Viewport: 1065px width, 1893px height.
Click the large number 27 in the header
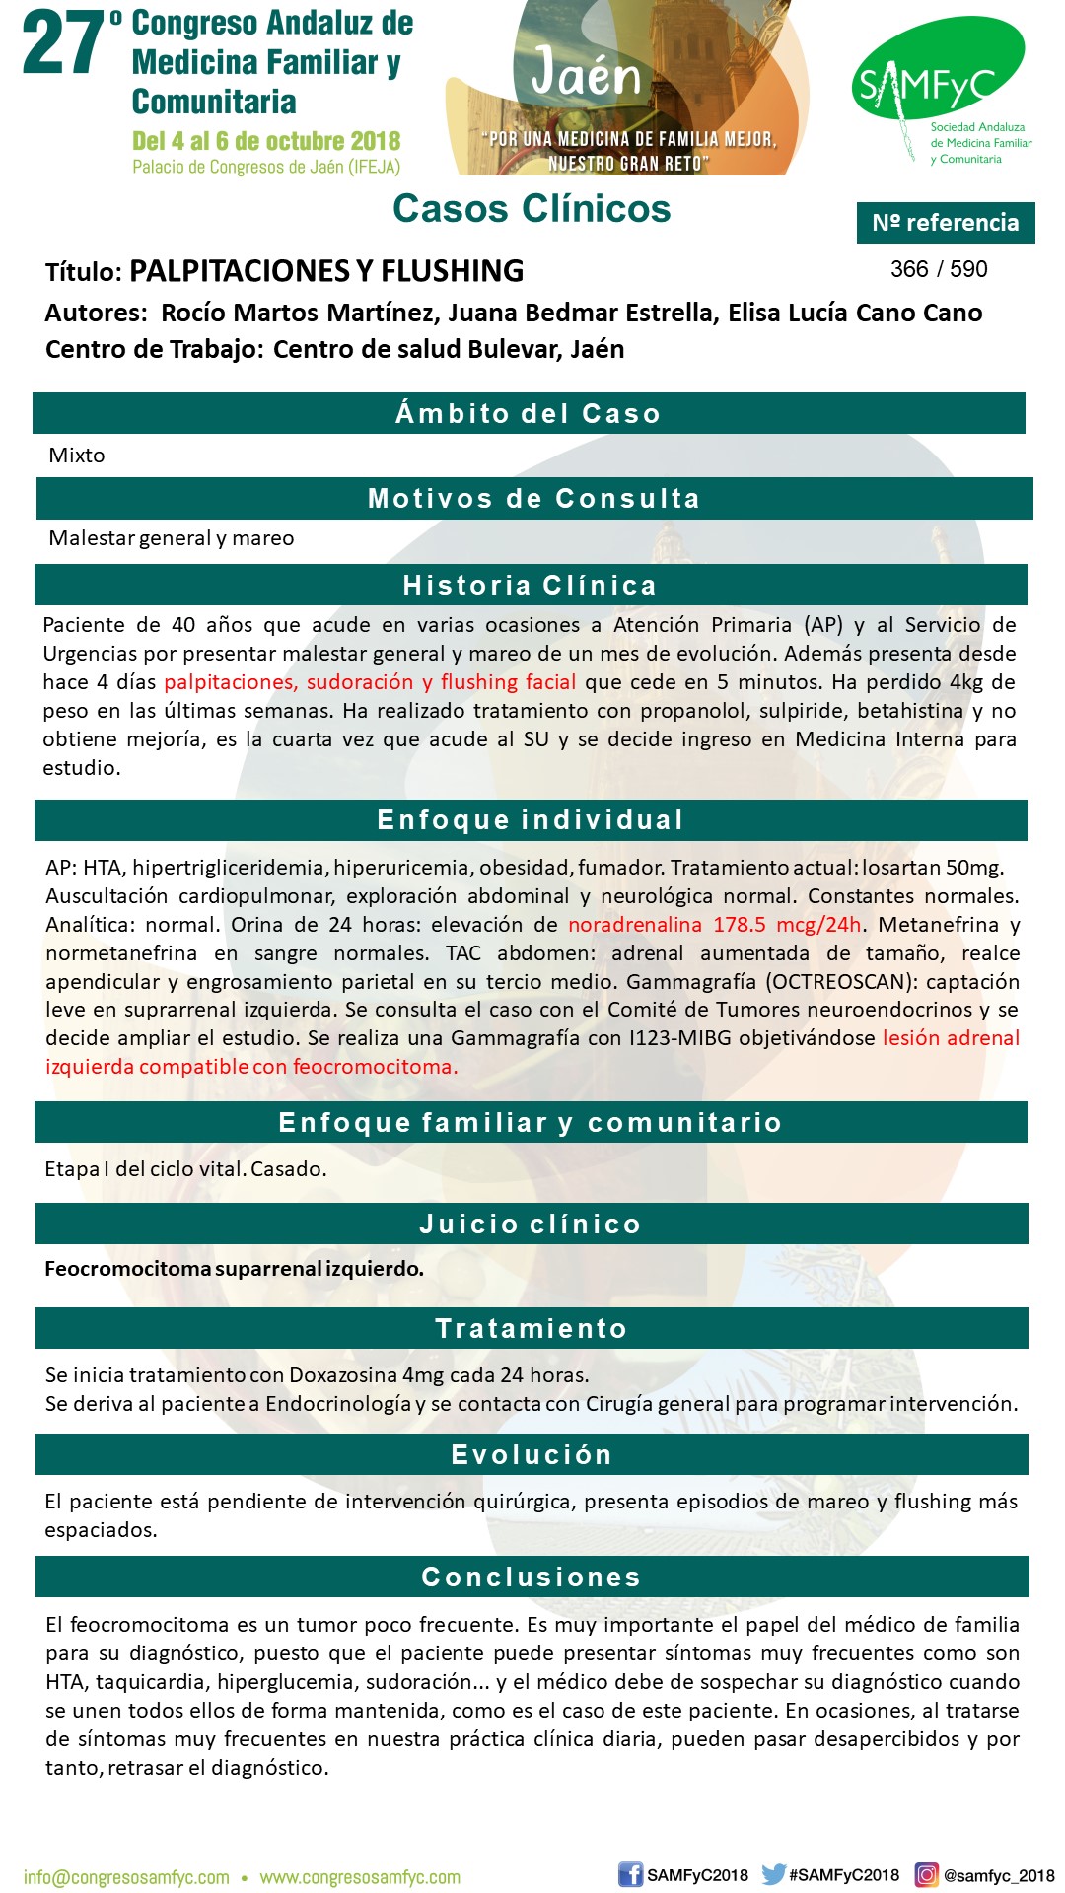click(x=63, y=44)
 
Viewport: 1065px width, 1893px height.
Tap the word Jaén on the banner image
click(x=586, y=74)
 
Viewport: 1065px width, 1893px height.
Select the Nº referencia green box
click(x=945, y=223)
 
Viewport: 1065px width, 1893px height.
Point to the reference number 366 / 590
click(x=938, y=269)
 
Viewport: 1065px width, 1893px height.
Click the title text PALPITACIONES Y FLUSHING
click(x=326, y=271)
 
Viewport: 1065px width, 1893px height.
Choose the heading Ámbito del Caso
click(x=529, y=413)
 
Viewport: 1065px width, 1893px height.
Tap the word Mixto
click(x=77, y=456)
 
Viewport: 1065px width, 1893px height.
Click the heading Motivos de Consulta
click(x=533, y=499)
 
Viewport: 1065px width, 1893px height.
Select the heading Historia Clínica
click(x=530, y=586)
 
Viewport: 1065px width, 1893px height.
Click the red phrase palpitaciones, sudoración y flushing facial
click(x=370, y=682)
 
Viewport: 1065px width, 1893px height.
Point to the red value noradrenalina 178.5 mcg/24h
click(x=715, y=925)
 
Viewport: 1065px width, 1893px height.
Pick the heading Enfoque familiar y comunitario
click(x=531, y=1123)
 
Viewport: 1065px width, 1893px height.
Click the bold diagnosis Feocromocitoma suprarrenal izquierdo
click(x=234, y=1269)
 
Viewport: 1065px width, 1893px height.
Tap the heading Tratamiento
click(x=532, y=1329)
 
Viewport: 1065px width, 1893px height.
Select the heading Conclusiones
click(x=532, y=1577)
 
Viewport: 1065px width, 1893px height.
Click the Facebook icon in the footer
click(x=630, y=1875)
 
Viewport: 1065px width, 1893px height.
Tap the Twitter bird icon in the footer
click(x=773, y=1875)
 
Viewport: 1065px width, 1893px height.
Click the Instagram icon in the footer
click(x=926, y=1875)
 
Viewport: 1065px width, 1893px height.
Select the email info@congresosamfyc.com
click(x=126, y=1878)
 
